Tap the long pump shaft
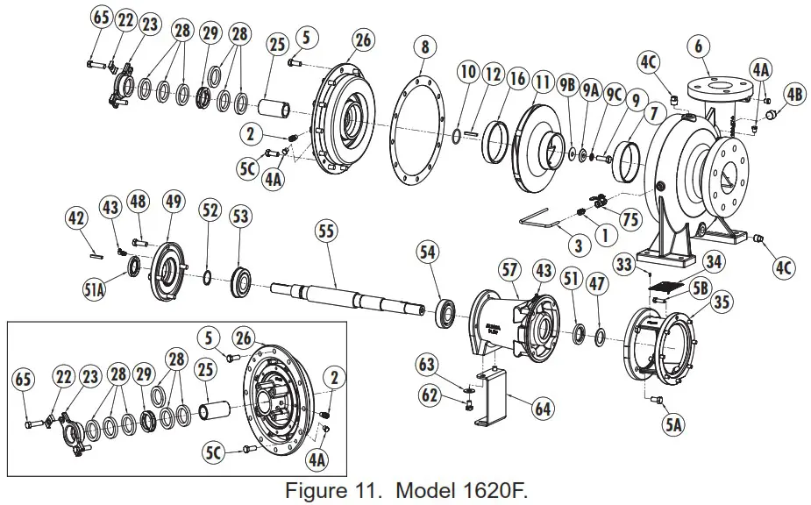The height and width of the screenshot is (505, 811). click(x=351, y=295)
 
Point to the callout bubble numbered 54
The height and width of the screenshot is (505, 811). click(x=427, y=252)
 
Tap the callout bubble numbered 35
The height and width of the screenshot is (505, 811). click(x=721, y=303)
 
